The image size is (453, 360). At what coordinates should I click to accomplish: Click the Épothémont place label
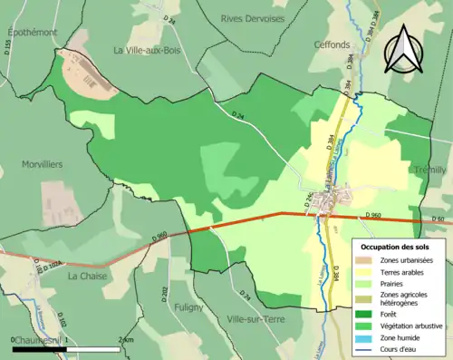33,33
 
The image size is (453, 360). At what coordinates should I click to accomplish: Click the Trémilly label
428,170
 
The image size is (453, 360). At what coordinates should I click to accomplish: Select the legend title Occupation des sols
395,247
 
